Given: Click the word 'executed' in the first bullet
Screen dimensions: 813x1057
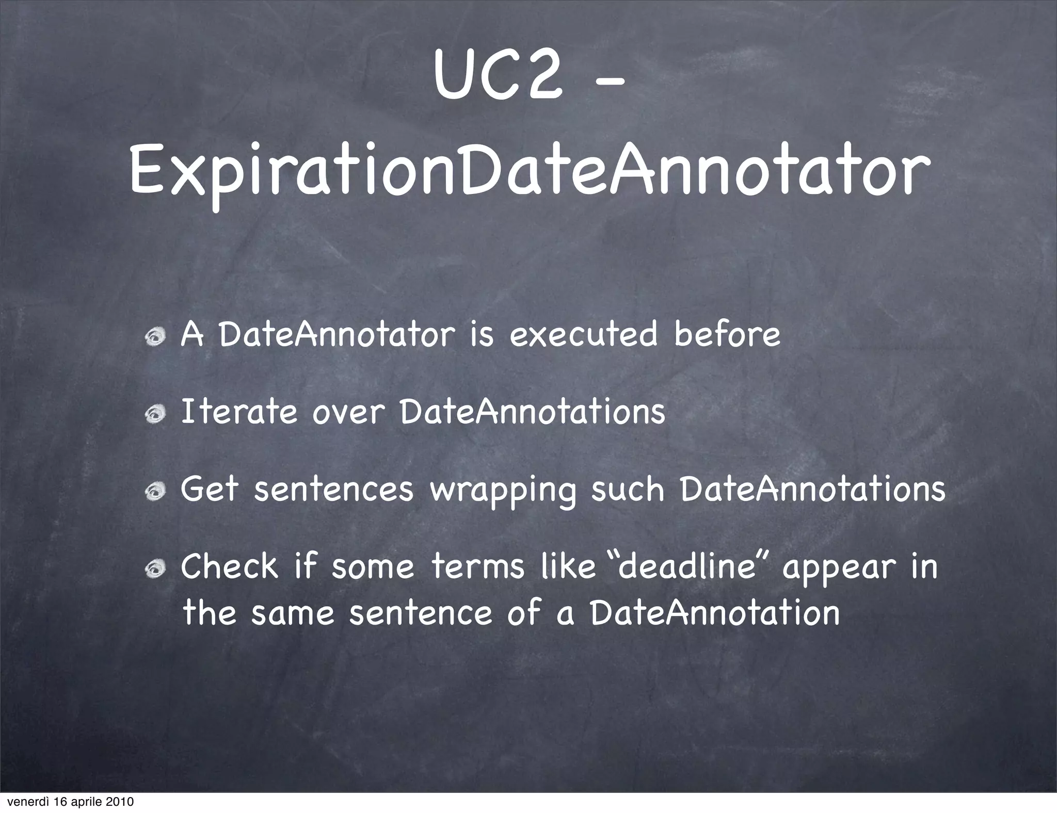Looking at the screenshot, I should pos(583,334).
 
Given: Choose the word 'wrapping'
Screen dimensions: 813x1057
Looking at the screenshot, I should pos(502,491).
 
